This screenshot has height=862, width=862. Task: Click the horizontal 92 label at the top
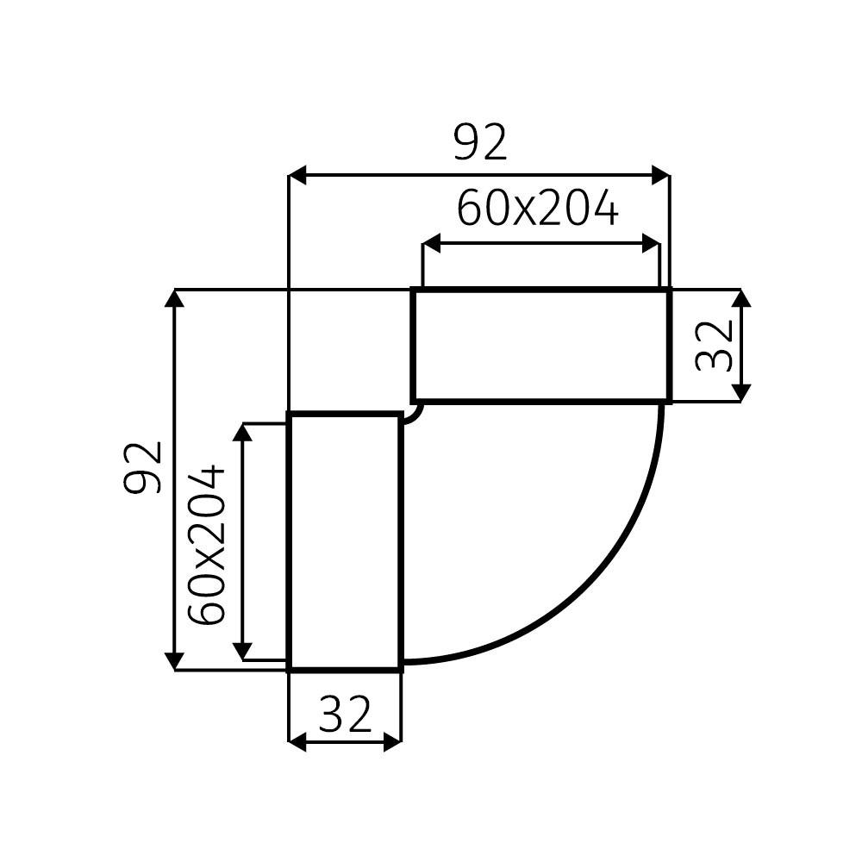[481, 143]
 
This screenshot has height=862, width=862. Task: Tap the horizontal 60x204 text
[537, 209]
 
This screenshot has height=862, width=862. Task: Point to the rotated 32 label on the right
[715, 345]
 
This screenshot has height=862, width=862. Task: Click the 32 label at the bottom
[345, 714]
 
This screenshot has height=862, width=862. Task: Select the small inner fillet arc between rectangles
[415, 415]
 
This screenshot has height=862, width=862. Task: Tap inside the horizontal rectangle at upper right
[540, 345]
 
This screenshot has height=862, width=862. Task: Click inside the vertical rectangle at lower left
[345, 541]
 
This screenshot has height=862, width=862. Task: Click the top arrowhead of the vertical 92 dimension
[175, 299]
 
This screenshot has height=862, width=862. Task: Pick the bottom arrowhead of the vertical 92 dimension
[175, 660]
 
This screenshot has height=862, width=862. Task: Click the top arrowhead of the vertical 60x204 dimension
[244, 433]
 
